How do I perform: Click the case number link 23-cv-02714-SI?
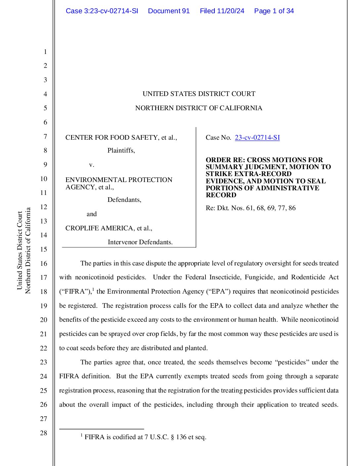coord(257,138)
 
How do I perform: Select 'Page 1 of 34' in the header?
coord(274,11)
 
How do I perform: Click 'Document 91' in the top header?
coord(169,11)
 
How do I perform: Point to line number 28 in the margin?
coord(44,433)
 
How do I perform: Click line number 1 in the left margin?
coord(45,52)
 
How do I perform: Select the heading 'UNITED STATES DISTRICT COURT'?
coord(199,94)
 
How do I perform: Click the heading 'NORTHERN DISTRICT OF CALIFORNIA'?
coord(199,108)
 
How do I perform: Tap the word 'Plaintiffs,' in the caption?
coord(121,151)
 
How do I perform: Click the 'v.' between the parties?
coord(92,164)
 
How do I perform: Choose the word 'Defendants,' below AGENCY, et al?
coord(124,200)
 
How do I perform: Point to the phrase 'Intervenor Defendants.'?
coord(140,242)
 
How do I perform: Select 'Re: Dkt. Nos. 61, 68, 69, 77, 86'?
coord(250,208)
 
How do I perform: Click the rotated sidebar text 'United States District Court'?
coord(20,250)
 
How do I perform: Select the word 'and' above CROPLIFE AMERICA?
coord(92,214)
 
